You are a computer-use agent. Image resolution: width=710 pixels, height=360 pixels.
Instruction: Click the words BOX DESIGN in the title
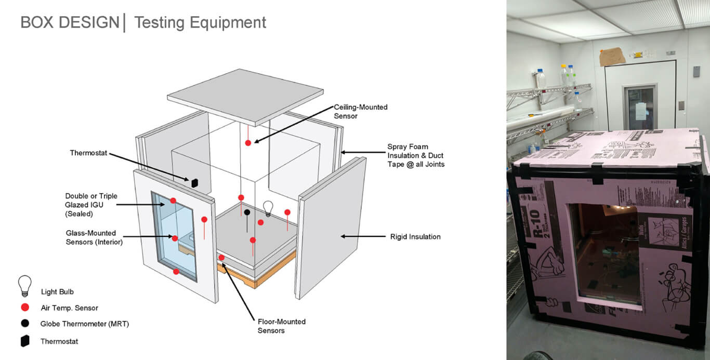[70, 23]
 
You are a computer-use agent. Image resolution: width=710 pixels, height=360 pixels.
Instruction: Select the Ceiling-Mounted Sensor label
[360, 112]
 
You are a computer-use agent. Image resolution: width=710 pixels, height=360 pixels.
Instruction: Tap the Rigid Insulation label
[415, 237]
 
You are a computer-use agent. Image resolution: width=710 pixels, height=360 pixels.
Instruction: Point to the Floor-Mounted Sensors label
[281, 326]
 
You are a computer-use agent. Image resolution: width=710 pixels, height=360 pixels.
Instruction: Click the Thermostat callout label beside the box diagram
[88, 153]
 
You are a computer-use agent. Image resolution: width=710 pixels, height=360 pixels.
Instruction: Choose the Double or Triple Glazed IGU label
[91, 205]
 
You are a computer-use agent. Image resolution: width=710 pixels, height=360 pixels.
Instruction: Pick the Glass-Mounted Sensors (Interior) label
[94, 237]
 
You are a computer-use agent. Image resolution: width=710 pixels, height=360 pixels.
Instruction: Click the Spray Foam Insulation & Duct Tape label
[416, 156]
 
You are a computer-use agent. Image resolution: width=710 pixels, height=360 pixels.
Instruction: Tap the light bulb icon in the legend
[24, 286]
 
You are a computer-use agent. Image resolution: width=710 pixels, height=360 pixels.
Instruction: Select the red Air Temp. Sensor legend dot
[24, 308]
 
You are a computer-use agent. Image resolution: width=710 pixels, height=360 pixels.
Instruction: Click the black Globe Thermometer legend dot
[24, 323]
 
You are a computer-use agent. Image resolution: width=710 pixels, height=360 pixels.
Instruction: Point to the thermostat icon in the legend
[24, 341]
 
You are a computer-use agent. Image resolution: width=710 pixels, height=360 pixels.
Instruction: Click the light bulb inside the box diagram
[268, 208]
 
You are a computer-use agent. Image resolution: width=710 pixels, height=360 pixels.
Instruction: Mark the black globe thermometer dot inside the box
[247, 212]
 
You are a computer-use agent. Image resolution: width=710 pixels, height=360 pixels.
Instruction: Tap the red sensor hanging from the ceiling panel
[248, 142]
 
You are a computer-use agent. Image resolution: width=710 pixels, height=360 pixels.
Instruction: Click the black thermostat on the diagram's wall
[194, 182]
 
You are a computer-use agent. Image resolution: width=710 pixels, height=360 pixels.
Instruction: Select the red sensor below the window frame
[176, 271]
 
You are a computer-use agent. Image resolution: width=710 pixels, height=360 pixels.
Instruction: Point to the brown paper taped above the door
[612, 57]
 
